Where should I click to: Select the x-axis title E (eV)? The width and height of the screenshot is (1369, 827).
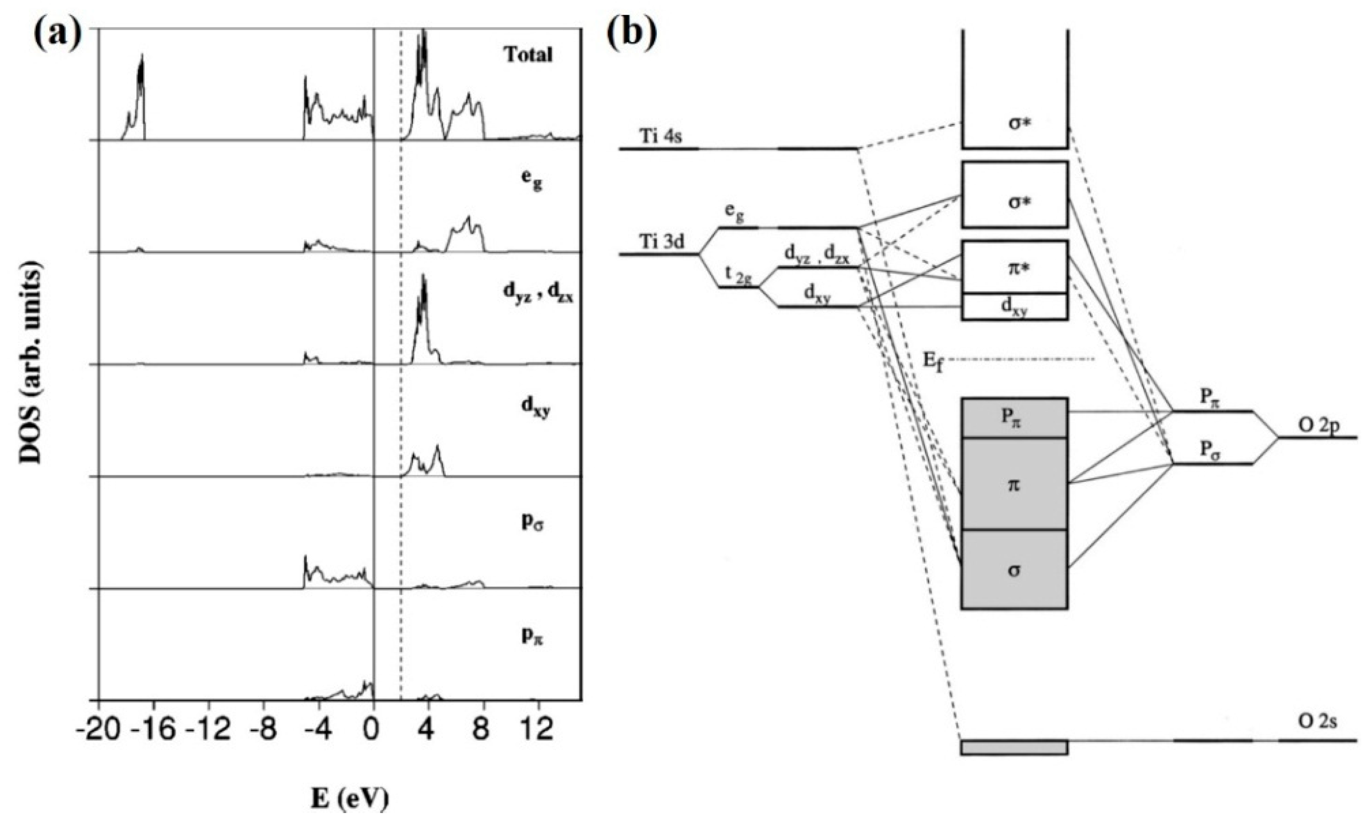click(349, 798)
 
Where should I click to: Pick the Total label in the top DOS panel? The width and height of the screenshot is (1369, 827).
click(529, 55)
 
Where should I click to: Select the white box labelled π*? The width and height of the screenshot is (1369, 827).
click(1014, 267)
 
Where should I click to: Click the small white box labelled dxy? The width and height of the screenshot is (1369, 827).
click(1014, 307)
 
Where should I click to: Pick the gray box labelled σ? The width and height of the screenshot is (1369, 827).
click(1014, 570)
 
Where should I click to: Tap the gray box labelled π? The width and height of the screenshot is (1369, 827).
click(1014, 484)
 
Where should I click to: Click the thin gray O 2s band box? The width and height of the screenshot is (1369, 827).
click(1014, 748)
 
